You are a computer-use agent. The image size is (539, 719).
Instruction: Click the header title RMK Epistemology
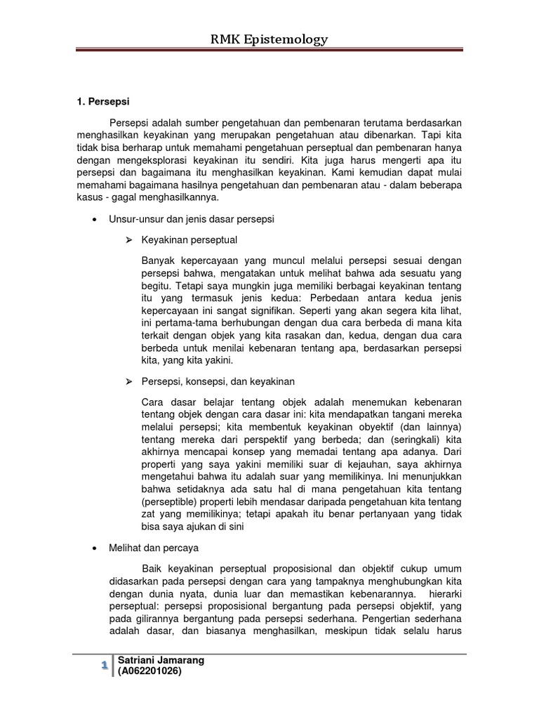click(269, 40)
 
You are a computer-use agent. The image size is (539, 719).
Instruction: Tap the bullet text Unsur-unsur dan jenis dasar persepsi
click(191, 219)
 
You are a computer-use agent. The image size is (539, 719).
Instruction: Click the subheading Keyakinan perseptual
click(189, 240)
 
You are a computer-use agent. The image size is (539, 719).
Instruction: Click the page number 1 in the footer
click(103, 665)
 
